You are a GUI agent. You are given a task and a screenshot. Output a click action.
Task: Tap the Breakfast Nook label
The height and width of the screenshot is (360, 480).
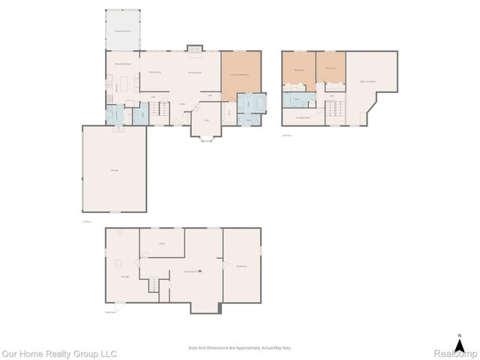point(123,64)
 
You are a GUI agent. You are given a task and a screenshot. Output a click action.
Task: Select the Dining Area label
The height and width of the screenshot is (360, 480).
point(155,72)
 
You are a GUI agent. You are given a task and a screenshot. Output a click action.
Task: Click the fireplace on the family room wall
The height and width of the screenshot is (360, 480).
point(195,49)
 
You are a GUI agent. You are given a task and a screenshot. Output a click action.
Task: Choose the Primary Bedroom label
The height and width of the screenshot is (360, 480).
point(241,73)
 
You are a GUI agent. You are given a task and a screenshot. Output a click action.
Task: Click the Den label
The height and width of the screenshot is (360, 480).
point(205,120)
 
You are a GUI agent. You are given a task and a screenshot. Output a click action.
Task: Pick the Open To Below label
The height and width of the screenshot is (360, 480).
point(368,80)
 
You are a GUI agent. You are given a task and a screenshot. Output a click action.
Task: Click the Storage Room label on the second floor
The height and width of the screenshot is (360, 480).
point(303,118)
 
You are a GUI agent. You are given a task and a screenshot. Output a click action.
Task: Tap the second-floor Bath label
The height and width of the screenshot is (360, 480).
point(297,99)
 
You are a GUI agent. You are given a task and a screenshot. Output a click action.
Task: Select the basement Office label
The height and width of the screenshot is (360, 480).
point(161,244)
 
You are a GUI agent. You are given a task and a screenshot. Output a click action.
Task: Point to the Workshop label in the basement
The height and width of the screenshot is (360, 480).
point(241,268)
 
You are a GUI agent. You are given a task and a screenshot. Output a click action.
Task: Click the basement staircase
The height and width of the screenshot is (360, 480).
point(155,284)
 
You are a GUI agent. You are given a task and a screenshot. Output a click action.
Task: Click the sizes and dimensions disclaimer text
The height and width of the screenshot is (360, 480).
point(240,347)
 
